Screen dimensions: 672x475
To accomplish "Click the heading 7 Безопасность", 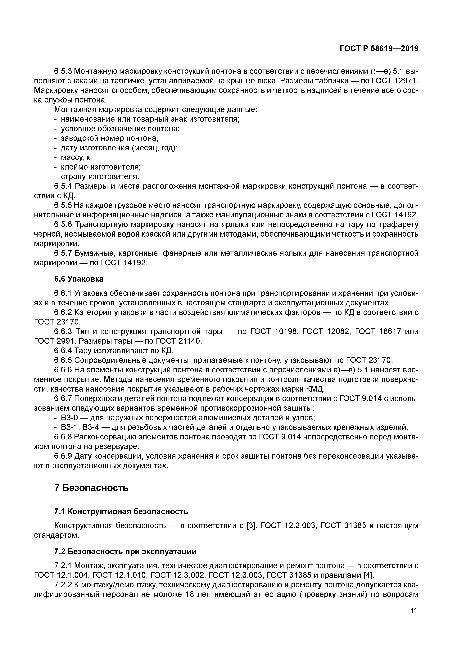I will click(x=91, y=488).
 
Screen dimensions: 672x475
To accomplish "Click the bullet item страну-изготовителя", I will click(x=100, y=177).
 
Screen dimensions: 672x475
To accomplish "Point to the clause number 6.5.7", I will click(x=63, y=253).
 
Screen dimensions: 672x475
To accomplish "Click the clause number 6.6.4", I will click(x=63, y=351).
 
